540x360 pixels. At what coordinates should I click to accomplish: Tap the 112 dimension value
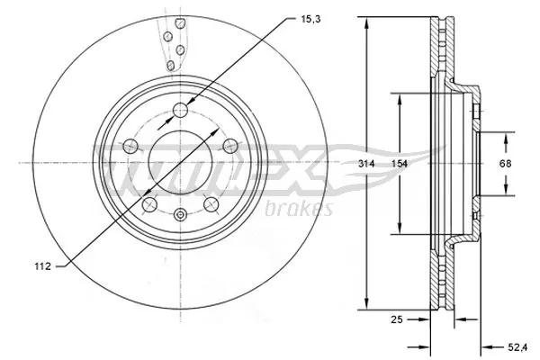tap(39, 265)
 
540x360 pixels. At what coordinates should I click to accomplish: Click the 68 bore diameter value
tap(505, 163)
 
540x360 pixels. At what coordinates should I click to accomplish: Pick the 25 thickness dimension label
tap(395, 318)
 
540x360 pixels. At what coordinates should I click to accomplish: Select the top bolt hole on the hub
tap(180, 111)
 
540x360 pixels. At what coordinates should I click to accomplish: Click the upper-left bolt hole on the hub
tap(130, 146)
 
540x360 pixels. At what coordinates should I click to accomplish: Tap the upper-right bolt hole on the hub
tap(229, 145)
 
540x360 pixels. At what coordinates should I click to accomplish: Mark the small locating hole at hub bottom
tap(180, 214)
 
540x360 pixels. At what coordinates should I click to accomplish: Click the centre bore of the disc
tap(180, 162)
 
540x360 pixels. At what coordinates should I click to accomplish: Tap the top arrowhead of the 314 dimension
tap(367, 22)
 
